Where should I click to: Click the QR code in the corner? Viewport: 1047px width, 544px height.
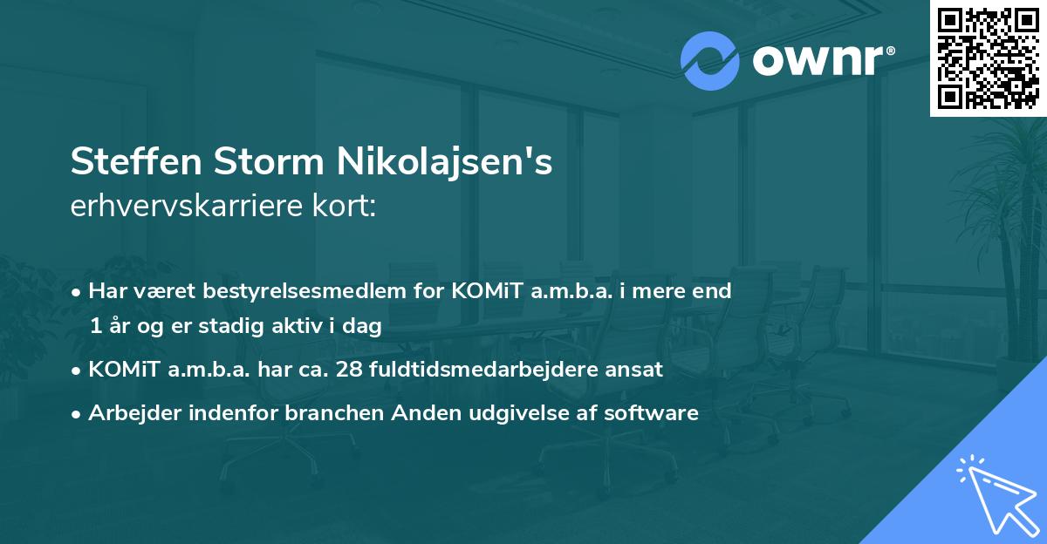pyautogui.click(x=988, y=58)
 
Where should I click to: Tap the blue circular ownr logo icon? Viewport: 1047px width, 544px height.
pyautogui.click(x=710, y=60)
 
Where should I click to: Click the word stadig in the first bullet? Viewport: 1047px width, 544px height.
pyautogui.click(x=229, y=327)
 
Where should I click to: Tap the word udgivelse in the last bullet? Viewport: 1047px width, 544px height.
pyautogui.click(x=515, y=413)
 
